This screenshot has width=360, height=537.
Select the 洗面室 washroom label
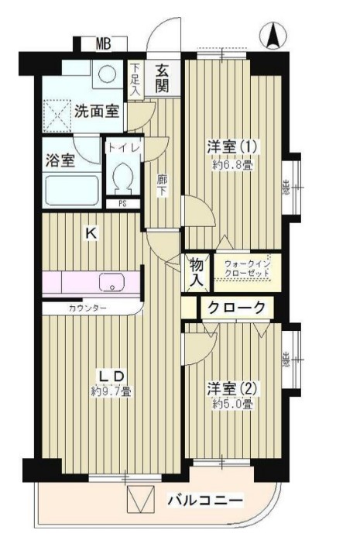[96, 111]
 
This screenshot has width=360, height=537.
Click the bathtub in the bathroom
[70, 189]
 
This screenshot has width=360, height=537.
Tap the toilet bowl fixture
[122, 180]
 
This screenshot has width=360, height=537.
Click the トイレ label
[122, 146]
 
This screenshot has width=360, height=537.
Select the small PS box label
[122, 205]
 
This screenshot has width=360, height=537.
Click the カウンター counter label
[87, 308]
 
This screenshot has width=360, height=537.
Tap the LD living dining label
[110, 377]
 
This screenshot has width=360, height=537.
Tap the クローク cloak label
[235, 308]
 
